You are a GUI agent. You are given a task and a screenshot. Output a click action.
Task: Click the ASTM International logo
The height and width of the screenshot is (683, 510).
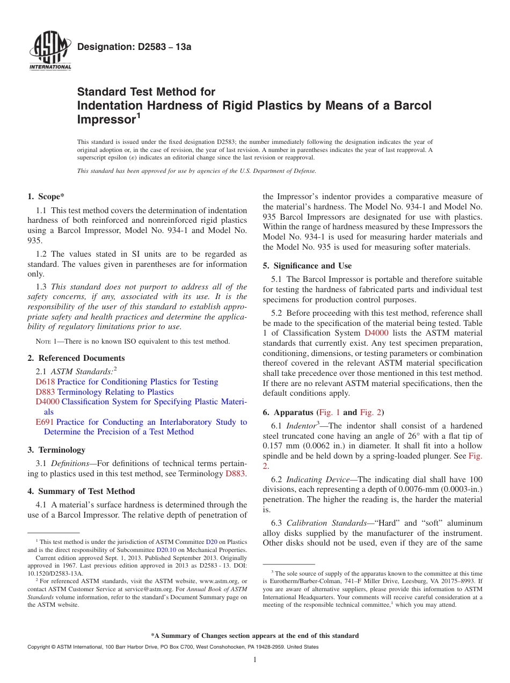click(x=49, y=49)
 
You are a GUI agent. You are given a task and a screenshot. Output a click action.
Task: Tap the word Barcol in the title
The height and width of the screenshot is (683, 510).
click(x=412, y=105)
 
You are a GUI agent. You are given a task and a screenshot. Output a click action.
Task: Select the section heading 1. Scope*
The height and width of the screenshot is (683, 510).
click(x=46, y=197)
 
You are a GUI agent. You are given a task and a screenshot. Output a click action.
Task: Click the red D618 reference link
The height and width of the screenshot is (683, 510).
click(x=45, y=382)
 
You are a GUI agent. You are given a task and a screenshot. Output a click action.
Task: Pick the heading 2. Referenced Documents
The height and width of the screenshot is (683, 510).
click(x=76, y=358)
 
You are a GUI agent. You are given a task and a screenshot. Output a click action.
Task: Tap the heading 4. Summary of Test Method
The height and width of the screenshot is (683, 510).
click(x=81, y=491)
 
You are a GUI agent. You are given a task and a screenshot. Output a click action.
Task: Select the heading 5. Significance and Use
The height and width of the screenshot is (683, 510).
click(x=307, y=266)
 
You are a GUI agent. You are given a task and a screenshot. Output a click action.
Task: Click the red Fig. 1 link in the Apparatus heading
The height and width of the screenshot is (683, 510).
click(x=329, y=412)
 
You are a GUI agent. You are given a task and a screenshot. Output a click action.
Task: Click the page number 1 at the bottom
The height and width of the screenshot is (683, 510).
click(x=255, y=660)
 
